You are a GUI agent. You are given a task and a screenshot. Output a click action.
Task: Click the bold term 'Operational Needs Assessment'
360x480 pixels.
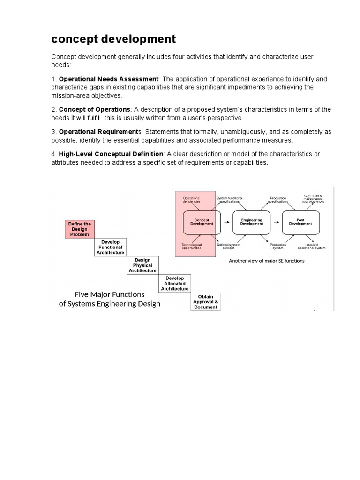(109, 79)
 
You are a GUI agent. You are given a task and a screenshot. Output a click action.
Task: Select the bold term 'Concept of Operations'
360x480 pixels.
(94, 109)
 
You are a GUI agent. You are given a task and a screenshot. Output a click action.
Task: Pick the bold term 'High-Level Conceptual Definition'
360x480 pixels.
(111, 154)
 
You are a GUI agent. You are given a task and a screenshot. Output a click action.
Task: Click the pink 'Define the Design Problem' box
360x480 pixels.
(80, 229)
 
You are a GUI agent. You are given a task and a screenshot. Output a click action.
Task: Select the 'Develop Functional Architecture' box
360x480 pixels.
(111, 247)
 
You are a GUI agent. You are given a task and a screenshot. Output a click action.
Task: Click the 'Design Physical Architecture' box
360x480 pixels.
(142, 265)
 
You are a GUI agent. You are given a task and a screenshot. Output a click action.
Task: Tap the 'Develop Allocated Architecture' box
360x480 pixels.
(174, 283)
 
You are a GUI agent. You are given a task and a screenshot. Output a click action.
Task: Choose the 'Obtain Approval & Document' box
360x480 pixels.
(205, 301)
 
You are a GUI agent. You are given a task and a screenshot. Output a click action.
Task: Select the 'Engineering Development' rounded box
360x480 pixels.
(252, 222)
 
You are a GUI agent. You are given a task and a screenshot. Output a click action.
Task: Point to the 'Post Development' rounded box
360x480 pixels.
(300, 222)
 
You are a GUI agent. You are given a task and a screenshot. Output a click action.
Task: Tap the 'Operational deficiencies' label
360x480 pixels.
(191, 199)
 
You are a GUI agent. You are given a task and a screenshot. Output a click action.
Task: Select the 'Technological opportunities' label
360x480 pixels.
(191, 246)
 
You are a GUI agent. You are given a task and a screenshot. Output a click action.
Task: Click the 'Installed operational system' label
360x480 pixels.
(315, 246)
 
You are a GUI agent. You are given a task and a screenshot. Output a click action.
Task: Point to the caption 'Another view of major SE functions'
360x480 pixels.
(266, 261)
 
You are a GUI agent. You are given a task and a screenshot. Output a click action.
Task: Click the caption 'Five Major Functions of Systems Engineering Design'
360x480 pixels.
(110, 299)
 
